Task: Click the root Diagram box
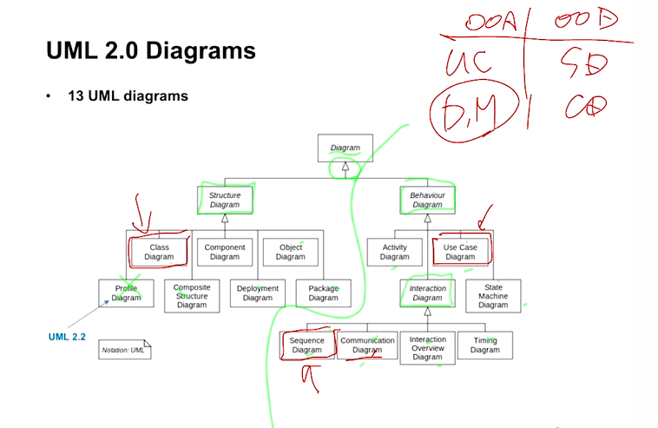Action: point(345,148)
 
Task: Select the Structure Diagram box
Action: point(224,201)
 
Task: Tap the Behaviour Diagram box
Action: point(427,201)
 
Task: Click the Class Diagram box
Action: point(159,252)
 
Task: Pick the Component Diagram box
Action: point(224,252)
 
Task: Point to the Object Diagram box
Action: point(290,252)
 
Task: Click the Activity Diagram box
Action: point(394,252)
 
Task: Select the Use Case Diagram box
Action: point(460,252)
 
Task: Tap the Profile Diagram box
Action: point(126,293)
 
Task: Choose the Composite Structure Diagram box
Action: point(192,296)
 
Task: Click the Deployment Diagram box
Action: point(257,293)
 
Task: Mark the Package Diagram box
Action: point(323,293)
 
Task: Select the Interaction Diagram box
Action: point(427,293)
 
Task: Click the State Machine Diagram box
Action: point(493,296)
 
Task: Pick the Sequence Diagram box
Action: point(306,346)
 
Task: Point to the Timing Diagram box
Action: point(484,346)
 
